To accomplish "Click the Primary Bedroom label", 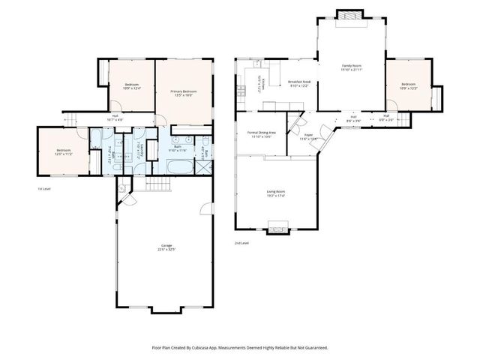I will coord(184,92).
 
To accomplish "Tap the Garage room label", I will coord(166,248).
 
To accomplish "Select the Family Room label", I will coord(352,67).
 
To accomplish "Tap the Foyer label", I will coord(307,136).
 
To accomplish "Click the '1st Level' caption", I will coord(44,188).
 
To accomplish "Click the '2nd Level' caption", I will coord(241,243).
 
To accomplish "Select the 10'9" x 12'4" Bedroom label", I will coord(131,86).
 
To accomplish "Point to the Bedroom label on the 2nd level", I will coord(408,85).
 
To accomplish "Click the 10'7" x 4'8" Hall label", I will coord(115,116).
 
